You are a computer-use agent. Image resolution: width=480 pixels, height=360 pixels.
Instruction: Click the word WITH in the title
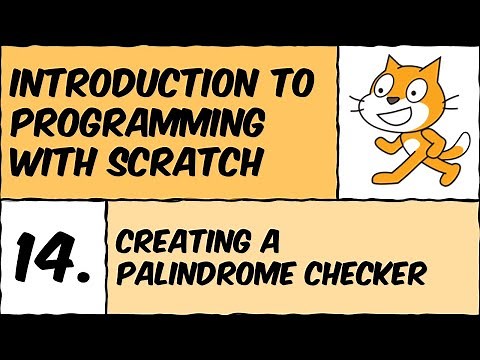tap(59, 159)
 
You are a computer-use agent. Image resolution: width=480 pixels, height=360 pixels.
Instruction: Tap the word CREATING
tap(180, 240)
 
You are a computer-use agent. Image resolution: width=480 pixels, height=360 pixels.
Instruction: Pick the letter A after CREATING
tap(266, 240)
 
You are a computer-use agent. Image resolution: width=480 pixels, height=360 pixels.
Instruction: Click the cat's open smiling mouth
tap(400, 105)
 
